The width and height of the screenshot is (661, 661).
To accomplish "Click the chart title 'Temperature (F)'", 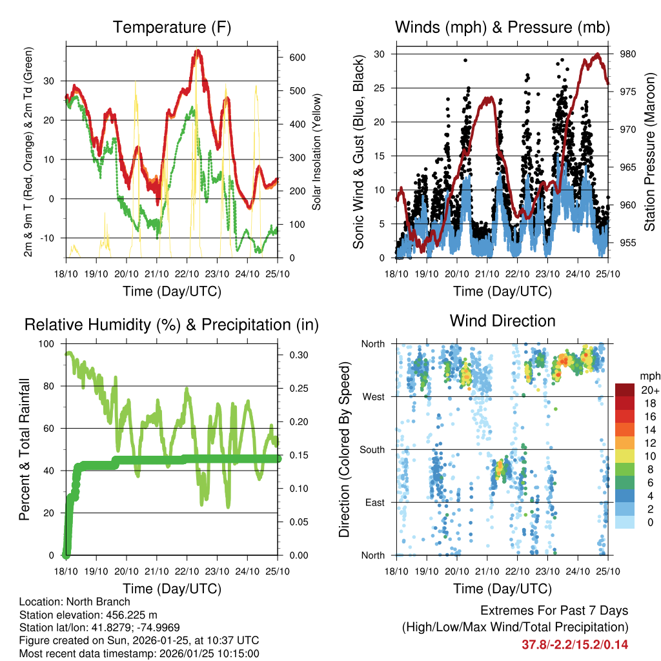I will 172,27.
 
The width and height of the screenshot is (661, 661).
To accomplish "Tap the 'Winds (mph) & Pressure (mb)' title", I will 502,27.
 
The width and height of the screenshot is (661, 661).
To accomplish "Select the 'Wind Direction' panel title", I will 502,320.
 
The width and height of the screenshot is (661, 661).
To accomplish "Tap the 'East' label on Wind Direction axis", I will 373,502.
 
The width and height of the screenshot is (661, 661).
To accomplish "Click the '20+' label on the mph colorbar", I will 649,390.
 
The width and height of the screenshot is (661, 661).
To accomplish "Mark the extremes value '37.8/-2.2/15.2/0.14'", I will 575,644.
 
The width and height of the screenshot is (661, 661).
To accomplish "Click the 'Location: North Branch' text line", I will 75,602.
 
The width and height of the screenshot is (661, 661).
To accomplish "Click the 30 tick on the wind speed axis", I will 381,54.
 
